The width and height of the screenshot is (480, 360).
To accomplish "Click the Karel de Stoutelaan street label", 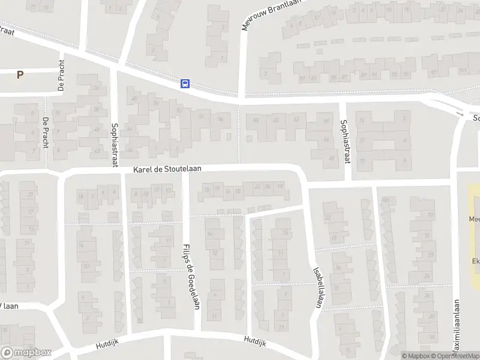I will point(167,170).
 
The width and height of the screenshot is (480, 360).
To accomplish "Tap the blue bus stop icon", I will point(185,84).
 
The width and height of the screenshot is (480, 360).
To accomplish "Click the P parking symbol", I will point(20,75).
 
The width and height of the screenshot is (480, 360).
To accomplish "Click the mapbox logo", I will point(26,353).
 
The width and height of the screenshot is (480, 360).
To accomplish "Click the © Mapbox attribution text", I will point(416,356).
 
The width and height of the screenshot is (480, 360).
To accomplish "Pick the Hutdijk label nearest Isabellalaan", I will point(254,341).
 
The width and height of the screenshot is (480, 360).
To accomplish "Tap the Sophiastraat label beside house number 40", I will point(115,145).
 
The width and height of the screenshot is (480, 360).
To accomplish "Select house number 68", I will point(331,158).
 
